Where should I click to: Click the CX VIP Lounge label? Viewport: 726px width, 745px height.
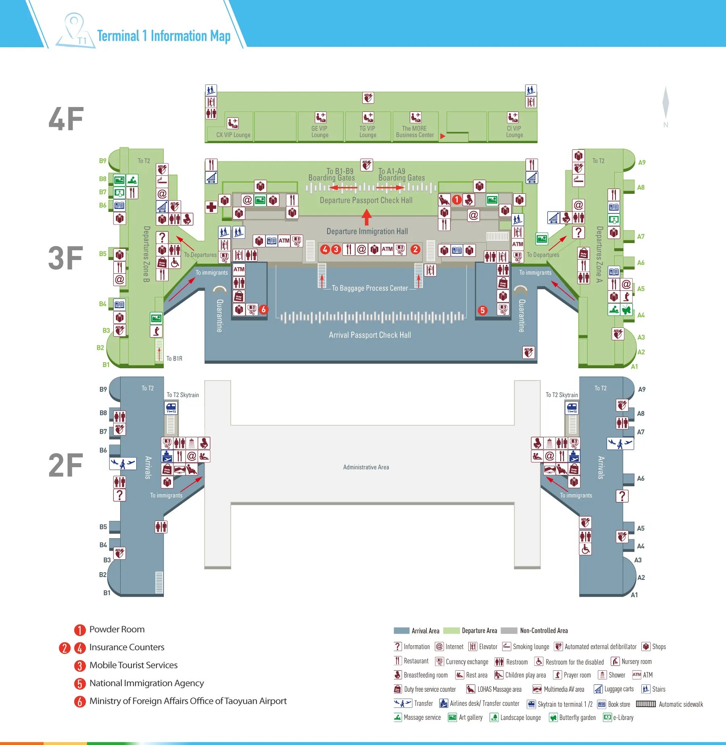pos(233,135)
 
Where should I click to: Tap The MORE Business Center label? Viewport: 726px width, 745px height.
pos(415,132)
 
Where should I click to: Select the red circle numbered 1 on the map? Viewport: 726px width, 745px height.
pos(457,199)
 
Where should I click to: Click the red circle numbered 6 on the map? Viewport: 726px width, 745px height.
pos(263,309)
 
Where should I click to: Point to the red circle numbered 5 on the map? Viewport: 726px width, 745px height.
pos(482,310)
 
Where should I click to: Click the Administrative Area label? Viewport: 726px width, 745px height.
pos(366,467)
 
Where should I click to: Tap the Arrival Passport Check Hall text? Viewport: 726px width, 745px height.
pos(370,335)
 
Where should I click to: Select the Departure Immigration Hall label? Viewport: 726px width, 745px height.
pos(367,231)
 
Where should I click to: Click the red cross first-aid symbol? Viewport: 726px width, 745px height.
pos(211,208)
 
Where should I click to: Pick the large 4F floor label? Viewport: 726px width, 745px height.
pos(66,119)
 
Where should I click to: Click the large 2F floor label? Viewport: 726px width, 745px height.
pos(66,466)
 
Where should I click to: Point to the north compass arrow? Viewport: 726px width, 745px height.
pos(665,103)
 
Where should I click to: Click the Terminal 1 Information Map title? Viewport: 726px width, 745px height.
pos(164,36)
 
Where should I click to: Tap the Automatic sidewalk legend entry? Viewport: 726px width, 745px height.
pos(681,704)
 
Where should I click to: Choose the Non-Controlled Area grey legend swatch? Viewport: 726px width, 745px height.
pos(509,631)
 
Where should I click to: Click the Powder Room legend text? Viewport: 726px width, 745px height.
pos(117,629)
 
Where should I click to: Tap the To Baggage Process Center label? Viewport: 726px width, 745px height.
pos(369,288)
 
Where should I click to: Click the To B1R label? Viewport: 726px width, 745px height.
pos(174,359)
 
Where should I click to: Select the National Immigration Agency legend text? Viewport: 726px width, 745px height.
pos(146,683)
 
